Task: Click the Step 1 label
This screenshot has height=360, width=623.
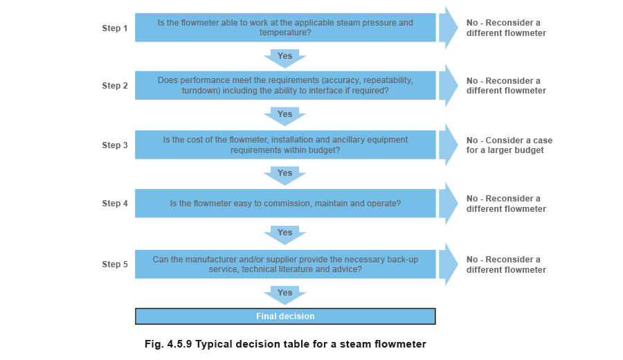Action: [x=114, y=28]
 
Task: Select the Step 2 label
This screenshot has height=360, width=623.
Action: [x=114, y=86]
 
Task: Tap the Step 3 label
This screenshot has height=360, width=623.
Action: [x=114, y=145]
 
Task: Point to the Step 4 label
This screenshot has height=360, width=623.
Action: [x=114, y=204]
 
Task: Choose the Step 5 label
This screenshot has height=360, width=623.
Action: [x=114, y=264]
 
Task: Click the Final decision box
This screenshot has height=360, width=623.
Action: [x=285, y=316]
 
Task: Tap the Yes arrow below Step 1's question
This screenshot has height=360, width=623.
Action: [x=285, y=58]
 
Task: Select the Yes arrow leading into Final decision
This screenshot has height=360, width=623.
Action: [x=285, y=295]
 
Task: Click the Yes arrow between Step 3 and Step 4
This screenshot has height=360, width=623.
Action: [x=285, y=176]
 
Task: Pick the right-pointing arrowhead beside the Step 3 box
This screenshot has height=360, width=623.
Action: [x=448, y=145]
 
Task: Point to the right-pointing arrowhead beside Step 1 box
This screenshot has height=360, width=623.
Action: [x=448, y=28]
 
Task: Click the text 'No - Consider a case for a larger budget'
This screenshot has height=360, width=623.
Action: [x=509, y=145]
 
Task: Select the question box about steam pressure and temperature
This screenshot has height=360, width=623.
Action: [x=285, y=28]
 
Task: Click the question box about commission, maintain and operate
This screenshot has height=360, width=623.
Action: [x=285, y=204]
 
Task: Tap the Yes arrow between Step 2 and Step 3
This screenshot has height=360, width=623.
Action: [x=285, y=116]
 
